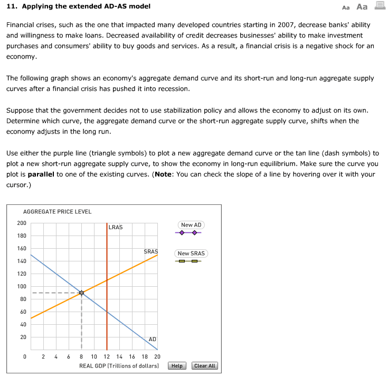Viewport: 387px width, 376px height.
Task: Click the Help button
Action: [x=177, y=365]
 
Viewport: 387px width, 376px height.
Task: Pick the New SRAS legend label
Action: [x=191, y=253]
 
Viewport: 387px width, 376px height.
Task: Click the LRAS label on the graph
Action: [x=116, y=227]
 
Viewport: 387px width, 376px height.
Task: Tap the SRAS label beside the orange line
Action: [x=151, y=251]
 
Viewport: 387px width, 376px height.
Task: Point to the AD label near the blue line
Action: [x=152, y=339]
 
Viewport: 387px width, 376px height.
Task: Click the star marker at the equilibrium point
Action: [x=81, y=293]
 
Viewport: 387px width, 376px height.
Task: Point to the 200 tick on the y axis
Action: [x=21, y=223]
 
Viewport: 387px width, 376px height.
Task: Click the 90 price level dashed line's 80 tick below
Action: [x=21, y=299]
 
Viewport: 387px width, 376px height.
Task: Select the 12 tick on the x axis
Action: [x=107, y=357]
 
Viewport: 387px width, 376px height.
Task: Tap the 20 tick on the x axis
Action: [x=157, y=357]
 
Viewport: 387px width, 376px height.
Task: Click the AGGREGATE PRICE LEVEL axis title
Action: [x=58, y=211]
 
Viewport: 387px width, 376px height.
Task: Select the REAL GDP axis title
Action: [x=119, y=365]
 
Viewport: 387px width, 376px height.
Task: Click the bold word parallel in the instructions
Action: [x=42, y=174]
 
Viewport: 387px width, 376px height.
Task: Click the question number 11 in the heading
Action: [x=10, y=6]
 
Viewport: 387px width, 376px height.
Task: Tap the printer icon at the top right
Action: [x=379, y=6]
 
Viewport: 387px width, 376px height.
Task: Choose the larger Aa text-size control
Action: [x=362, y=7]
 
